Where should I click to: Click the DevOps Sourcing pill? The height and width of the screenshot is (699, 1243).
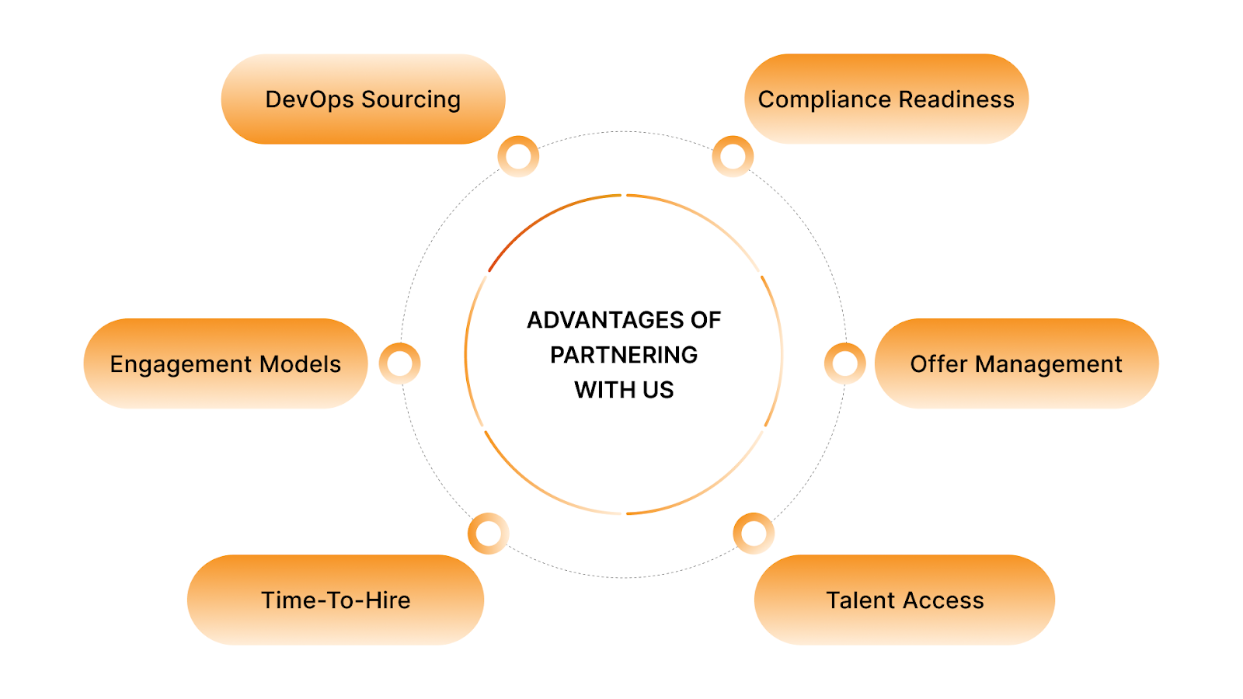(363, 99)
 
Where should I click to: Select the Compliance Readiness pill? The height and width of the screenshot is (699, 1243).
(886, 99)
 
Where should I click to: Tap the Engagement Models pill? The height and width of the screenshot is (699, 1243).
(225, 363)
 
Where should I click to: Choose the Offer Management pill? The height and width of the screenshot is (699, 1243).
(1016, 363)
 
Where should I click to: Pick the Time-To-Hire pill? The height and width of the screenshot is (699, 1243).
(336, 600)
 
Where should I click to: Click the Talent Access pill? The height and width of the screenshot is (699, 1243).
(904, 600)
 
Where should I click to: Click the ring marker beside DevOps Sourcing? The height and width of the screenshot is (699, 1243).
(518, 156)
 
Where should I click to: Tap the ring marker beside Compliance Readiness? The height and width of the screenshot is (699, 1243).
(733, 156)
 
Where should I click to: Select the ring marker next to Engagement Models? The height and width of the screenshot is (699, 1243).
(400, 363)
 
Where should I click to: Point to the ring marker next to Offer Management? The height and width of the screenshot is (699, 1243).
(845, 363)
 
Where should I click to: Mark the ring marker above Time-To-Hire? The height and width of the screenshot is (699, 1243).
(489, 534)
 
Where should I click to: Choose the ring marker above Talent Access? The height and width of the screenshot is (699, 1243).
(754, 534)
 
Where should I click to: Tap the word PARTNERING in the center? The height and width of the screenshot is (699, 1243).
(624, 355)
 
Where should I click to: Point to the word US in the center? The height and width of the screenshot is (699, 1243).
(658, 390)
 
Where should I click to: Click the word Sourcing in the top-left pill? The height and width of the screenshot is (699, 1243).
(411, 100)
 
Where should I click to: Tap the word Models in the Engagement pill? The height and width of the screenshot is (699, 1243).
(300, 363)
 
